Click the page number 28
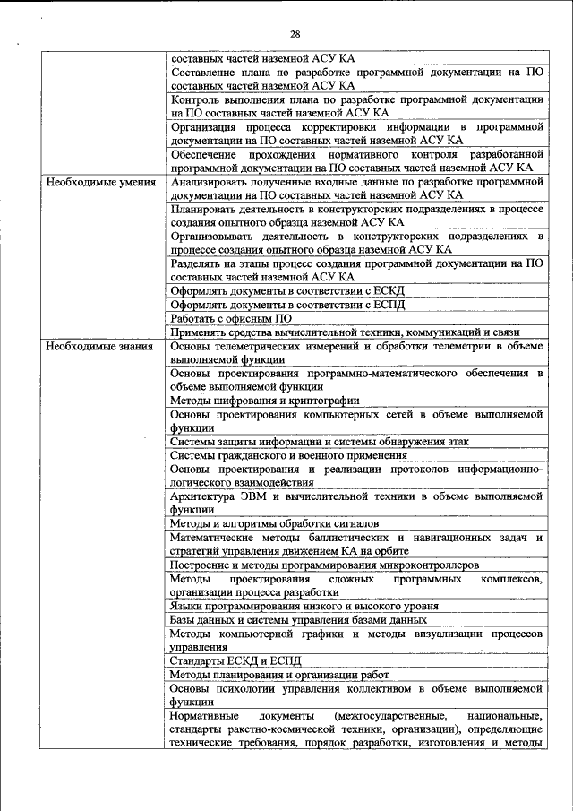click(x=295, y=34)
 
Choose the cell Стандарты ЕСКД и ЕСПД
click(x=229, y=660)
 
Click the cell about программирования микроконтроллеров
click(x=323, y=565)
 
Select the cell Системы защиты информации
click(x=319, y=442)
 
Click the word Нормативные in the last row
click(x=204, y=716)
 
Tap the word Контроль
click(x=195, y=99)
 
